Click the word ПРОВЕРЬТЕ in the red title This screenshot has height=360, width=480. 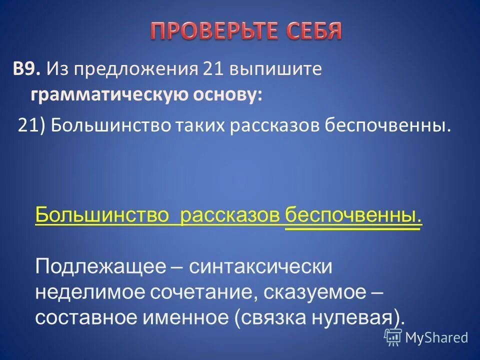pyautogui.click(x=210, y=31)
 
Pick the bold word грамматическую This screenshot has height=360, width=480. pyautogui.click(x=100, y=95)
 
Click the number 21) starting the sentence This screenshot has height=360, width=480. pyautogui.click(x=32, y=125)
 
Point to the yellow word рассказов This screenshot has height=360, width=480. pyautogui.click(x=230, y=216)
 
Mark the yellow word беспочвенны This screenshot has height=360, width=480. pyautogui.click(x=353, y=216)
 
